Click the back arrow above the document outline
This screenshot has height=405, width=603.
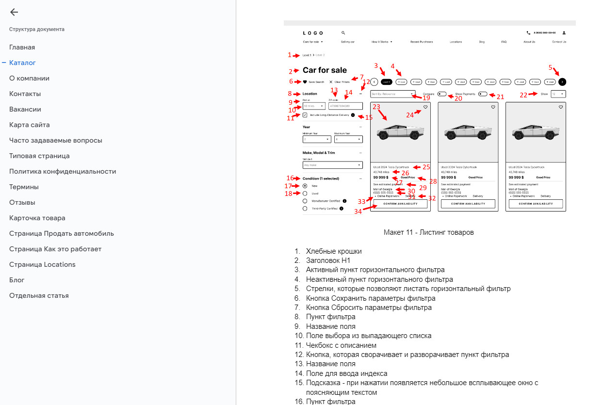coord(14,13)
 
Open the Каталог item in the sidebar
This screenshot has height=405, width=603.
coord(22,63)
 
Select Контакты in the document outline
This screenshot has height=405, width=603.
coord(25,94)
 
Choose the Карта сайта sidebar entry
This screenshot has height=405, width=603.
coord(29,125)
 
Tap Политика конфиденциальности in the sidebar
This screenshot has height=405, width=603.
coord(63,171)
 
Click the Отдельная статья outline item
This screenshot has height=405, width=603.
coord(39,295)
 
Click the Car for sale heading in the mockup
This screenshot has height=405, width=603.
coord(325,71)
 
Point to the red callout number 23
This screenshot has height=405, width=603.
coord(376,107)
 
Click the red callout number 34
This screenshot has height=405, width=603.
coord(358,211)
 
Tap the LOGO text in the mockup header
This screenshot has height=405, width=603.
coord(313,33)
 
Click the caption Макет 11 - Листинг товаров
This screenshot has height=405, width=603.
coord(428,232)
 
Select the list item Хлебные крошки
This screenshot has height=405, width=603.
coord(333,251)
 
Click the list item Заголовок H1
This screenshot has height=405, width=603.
coord(328,260)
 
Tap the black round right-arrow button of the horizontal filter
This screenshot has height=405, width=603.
coord(562,82)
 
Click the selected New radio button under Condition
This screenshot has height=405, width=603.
coord(305,186)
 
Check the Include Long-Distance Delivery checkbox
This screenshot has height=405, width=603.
coord(305,115)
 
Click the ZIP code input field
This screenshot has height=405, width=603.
coord(345,106)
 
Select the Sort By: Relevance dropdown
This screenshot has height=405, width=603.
coord(393,94)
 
